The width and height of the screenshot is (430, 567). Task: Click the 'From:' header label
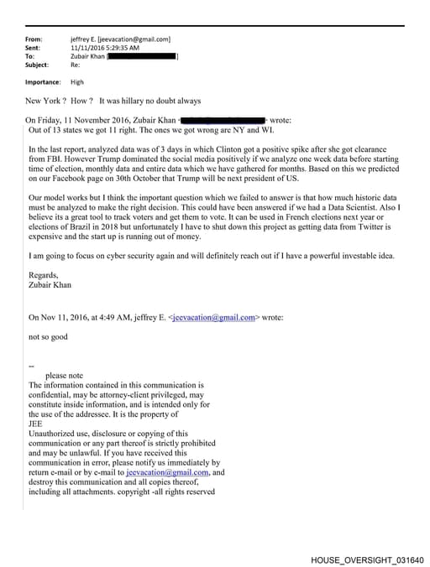[x=34, y=39]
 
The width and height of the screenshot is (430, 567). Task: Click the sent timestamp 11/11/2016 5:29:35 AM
[x=106, y=47]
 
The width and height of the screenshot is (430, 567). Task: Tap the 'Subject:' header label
[x=37, y=64]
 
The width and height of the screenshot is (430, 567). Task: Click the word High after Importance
[x=77, y=82]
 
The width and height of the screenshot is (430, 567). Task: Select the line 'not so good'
[x=49, y=336]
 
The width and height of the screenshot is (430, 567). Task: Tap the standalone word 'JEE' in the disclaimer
[x=35, y=424]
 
